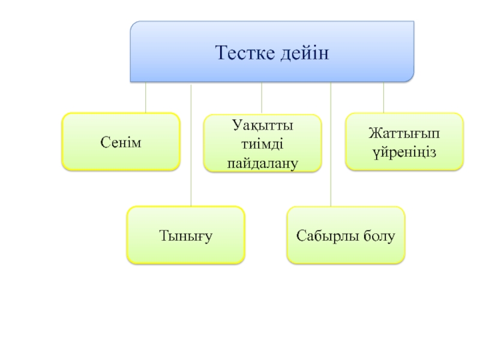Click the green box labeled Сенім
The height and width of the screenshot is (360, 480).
click(121, 142)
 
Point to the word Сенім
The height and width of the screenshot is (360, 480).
click(121, 142)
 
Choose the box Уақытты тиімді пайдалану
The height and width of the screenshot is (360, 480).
click(263, 144)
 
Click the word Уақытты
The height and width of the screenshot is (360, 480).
click(263, 127)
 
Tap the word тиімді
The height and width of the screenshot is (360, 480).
click(263, 145)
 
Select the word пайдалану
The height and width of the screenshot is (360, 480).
click(263, 162)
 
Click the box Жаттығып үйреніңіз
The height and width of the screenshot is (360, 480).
click(404, 142)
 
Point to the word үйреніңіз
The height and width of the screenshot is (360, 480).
click(404, 151)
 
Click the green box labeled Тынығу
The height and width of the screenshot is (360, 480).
click(185, 235)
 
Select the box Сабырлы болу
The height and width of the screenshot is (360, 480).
click(346, 235)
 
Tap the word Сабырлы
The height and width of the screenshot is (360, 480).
click(328, 235)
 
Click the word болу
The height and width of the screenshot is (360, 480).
click(379, 235)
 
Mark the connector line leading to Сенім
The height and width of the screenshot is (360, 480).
click(146, 97)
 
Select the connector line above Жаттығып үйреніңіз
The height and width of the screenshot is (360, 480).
click(383, 97)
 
